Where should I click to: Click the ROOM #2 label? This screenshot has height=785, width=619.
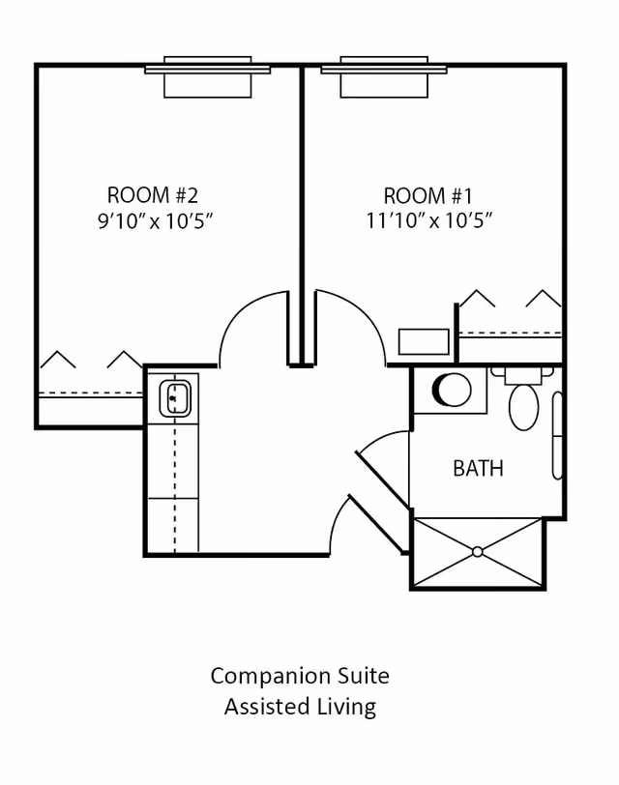point(153,194)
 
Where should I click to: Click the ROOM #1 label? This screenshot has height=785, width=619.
point(428,195)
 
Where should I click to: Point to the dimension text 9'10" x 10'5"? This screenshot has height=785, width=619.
point(156,220)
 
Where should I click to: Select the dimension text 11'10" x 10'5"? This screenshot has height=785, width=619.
point(429,220)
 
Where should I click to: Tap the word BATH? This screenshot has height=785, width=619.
point(478,469)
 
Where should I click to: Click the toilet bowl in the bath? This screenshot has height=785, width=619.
point(524,407)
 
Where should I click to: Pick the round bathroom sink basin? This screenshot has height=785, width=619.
point(452,390)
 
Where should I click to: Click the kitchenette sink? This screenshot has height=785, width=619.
point(175,398)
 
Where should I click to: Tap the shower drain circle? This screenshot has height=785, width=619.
point(477,552)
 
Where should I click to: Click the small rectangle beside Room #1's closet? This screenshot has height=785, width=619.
point(424,342)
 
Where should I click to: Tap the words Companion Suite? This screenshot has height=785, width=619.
point(300,677)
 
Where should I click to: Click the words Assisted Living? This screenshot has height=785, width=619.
point(300,707)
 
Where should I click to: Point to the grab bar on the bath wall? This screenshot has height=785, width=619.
point(557,436)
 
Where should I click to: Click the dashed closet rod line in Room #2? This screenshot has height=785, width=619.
point(91,393)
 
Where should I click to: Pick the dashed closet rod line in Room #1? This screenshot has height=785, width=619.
point(511,333)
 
